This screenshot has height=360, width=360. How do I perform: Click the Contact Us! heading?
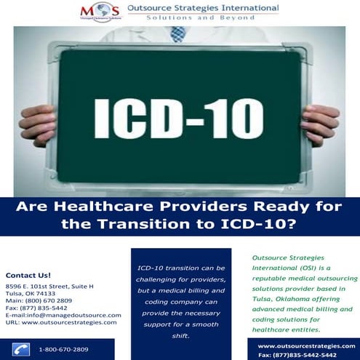pos(28,276)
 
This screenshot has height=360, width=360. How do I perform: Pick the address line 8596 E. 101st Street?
pos(49,287)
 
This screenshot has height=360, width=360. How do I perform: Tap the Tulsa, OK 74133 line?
pos(30,293)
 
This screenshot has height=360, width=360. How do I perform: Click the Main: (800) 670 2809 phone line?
pos(39,300)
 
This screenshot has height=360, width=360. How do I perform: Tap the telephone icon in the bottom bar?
pos(20,349)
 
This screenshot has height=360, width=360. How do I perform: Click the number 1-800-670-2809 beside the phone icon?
pos(63,349)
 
